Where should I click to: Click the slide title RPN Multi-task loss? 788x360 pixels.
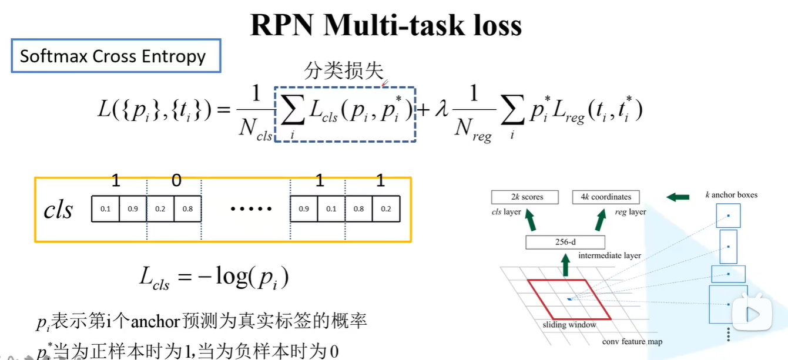point(386,25)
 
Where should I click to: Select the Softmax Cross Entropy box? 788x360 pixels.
point(116,56)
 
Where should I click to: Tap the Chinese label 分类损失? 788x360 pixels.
point(343,71)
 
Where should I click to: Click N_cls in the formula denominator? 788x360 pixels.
point(255,128)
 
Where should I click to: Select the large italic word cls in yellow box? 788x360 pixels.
point(58,210)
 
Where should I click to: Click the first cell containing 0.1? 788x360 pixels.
point(105,209)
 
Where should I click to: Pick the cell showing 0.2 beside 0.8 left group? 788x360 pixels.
point(160,209)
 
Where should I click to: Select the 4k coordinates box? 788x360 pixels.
point(605,197)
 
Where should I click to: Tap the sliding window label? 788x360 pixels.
point(569,325)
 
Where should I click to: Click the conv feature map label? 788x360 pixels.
point(632,342)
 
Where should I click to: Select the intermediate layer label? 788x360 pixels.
point(609,256)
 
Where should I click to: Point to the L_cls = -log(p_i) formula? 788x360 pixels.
point(214,277)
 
